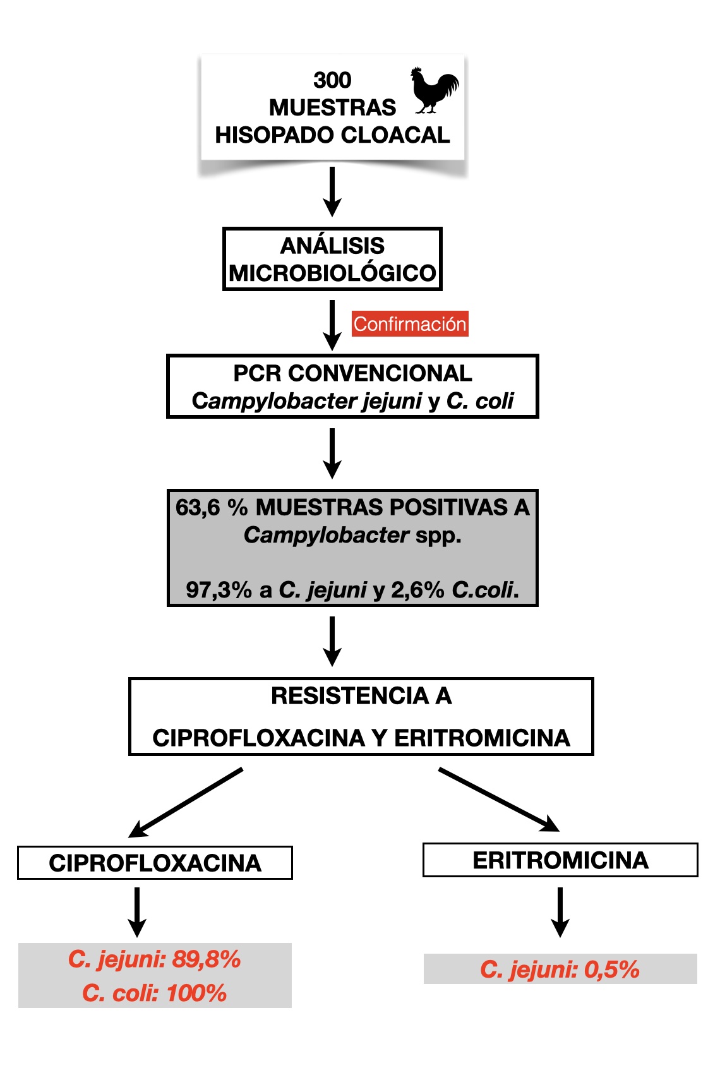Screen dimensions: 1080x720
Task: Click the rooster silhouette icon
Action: pos(434,90)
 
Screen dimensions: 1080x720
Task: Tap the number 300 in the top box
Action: pos(332,80)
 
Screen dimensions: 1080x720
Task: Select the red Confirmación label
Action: pos(410,324)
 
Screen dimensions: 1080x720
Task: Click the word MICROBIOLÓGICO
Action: pos(332,273)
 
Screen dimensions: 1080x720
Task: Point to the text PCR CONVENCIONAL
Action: pos(352,373)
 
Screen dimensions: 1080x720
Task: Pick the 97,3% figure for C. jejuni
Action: pos(219,589)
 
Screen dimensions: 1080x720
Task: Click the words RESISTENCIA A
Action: pos(361,695)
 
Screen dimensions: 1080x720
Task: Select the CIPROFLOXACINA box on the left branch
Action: pos(155,863)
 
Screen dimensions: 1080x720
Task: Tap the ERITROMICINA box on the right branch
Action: pos(560,860)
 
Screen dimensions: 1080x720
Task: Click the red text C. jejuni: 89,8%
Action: pos(155,959)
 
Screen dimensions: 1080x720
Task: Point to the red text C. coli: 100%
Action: pos(155,993)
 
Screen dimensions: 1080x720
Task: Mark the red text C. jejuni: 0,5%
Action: pos(560,969)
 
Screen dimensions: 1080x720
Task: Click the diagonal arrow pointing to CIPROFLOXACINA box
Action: pos(186,802)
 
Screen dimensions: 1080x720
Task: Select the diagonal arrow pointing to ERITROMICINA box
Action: pos(499,800)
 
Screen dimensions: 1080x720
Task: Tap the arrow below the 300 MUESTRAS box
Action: pos(332,192)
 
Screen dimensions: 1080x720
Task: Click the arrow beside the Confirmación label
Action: pos(332,325)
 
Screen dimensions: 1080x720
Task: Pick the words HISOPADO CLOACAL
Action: pos(332,135)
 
